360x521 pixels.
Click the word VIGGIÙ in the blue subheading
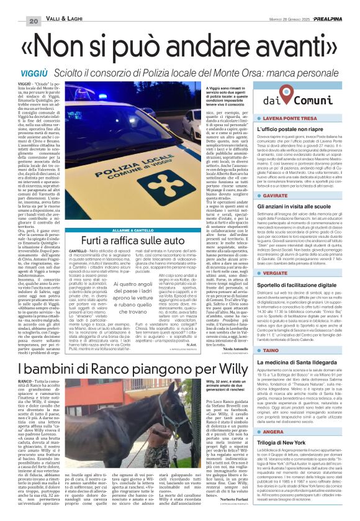(26, 73)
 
